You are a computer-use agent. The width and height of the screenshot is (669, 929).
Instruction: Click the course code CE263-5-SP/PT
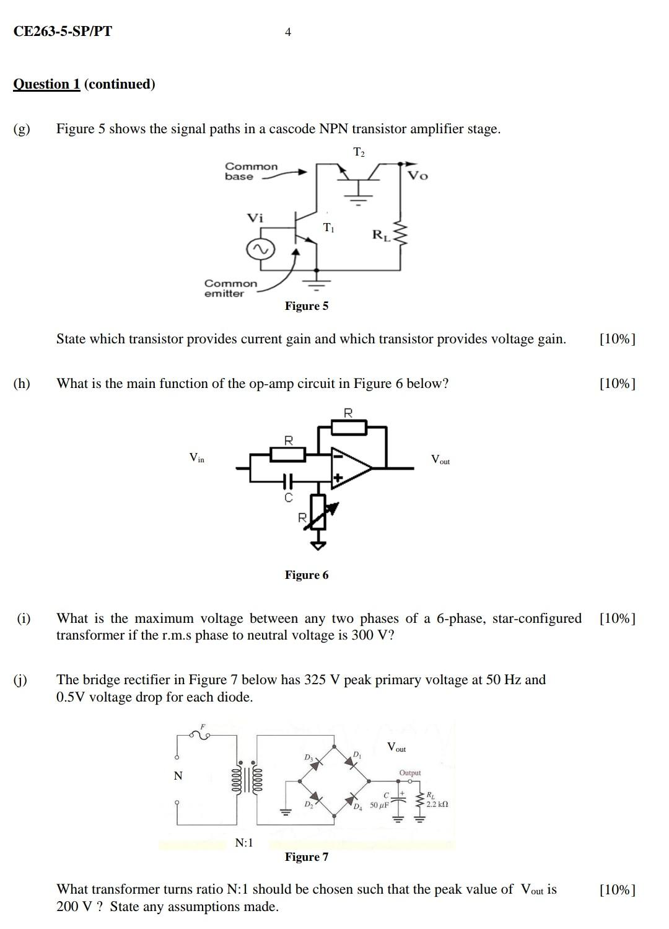click(x=63, y=32)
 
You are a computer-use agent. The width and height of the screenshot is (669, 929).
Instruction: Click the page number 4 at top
click(x=288, y=32)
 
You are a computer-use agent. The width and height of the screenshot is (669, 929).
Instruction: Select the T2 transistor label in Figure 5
click(x=359, y=152)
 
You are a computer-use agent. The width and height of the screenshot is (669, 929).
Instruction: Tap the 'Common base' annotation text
click(x=251, y=171)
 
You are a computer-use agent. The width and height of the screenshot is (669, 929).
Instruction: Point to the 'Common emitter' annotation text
click(x=230, y=288)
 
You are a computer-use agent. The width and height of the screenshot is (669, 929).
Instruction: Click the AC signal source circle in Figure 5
click(x=260, y=250)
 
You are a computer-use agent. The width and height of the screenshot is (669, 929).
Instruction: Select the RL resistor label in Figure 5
click(x=381, y=235)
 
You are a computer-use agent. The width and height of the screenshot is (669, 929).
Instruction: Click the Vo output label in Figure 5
click(x=418, y=176)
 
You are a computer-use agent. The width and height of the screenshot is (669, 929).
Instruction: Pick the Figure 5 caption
click(x=307, y=306)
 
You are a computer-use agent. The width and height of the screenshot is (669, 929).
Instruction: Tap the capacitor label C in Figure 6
click(x=288, y=498)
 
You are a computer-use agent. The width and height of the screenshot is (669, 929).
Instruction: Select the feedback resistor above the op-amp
click(x=349, y=427)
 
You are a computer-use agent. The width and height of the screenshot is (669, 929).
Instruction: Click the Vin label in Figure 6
click(x=196, y=458)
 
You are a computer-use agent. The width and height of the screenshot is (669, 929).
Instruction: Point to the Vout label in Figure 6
click(x=440, y=460)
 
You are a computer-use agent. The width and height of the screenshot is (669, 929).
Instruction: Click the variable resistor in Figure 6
click(x=318, y=511)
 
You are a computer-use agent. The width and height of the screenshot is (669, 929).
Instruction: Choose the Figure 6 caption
click(x=307, y=575)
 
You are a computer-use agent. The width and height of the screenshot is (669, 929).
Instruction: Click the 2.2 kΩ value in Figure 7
click(x=437, y=804)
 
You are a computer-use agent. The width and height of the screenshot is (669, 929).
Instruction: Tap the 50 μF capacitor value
click(x=379, y=805)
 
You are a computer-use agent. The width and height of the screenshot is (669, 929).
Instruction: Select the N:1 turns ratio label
click(x=244, y=843)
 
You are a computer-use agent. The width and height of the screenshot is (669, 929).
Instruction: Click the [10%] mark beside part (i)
click(x=617, y=619)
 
